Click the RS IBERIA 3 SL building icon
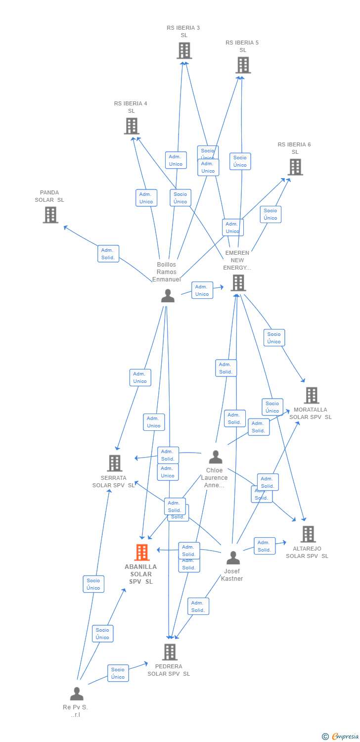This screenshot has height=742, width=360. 184,50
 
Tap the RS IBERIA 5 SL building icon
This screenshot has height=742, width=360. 243,65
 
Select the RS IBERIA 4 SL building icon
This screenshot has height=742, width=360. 132,126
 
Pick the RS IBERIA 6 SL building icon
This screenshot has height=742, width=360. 295,167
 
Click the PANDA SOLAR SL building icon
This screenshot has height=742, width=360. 50,215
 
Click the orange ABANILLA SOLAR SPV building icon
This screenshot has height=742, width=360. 141,553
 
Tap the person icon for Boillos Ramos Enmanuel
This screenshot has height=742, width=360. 168,296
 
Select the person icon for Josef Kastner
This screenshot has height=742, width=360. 233,557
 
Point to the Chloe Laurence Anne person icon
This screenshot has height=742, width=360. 216,457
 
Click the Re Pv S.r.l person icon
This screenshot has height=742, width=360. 77,694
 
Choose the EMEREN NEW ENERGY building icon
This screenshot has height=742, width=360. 238,283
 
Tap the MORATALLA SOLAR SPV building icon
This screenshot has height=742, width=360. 311,395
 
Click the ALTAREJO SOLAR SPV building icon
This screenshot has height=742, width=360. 308,534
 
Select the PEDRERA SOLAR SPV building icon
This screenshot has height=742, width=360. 170,652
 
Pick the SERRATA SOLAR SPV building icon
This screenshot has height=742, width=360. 114,464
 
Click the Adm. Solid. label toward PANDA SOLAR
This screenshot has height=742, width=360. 108,254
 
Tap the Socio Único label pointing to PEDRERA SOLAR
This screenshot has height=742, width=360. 118,673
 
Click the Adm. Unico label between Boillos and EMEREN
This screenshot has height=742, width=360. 202,290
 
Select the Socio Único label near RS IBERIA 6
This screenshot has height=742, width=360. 270,214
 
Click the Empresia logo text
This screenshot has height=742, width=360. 345,737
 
